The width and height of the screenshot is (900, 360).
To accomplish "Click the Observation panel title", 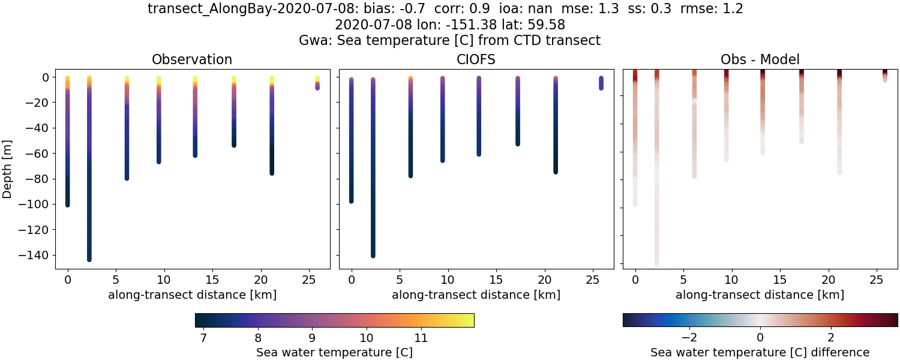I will click(192, 59).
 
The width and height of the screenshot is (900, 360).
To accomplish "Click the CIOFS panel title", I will click(476, 59).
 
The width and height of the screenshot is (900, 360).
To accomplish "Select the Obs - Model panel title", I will click(760, 59).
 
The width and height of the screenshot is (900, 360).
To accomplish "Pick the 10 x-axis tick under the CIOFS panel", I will click(448, 280).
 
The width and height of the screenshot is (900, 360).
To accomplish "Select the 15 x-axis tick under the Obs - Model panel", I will click(780, 280).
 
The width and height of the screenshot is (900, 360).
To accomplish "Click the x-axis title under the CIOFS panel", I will click(476, 295).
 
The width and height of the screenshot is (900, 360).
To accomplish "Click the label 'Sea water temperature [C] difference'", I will click(760, 352).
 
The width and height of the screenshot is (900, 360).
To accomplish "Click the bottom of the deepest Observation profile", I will click(89, 259).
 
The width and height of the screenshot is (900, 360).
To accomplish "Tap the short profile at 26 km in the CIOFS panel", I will click(601, 83).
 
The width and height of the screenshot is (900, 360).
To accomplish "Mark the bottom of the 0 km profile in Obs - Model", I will click(635, 204).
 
